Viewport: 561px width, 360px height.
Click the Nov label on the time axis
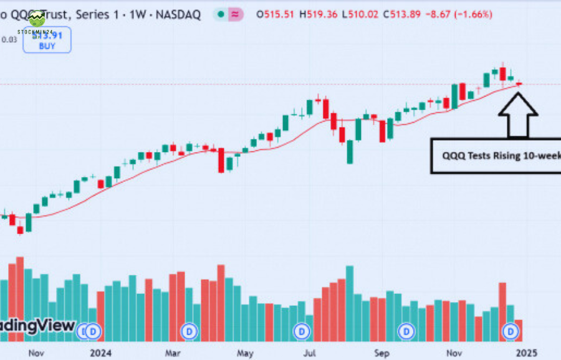pyautogui.click(x=36, y=353)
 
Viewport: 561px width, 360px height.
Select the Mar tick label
pyautogui.click(x=173, y=353)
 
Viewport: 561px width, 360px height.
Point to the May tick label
pyautogui.click(x=246, y=353)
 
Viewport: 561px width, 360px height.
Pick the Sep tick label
pyautogui.click(x=382, y=353)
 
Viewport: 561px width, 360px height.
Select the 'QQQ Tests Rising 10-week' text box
pyautogui.click(x=495, y=156)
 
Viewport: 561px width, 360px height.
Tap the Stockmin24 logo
pyautogui.click(x=37, y=22)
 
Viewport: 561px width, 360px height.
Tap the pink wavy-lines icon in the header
pyautogui.click(x=236, y=14)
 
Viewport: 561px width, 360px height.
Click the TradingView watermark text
pyautogui.click(x=37, y=326)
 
